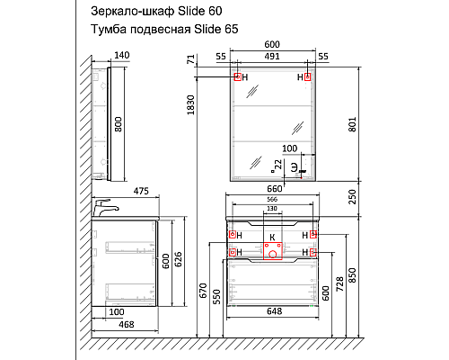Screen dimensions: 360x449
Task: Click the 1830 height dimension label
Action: (189, 108)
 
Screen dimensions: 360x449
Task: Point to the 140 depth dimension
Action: (122, 56)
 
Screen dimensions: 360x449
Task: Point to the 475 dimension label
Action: (139, 191)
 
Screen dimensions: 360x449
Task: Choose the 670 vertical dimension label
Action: (204, 291)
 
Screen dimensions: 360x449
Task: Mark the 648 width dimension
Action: (275, 311)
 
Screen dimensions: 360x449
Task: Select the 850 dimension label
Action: (353, 273)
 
